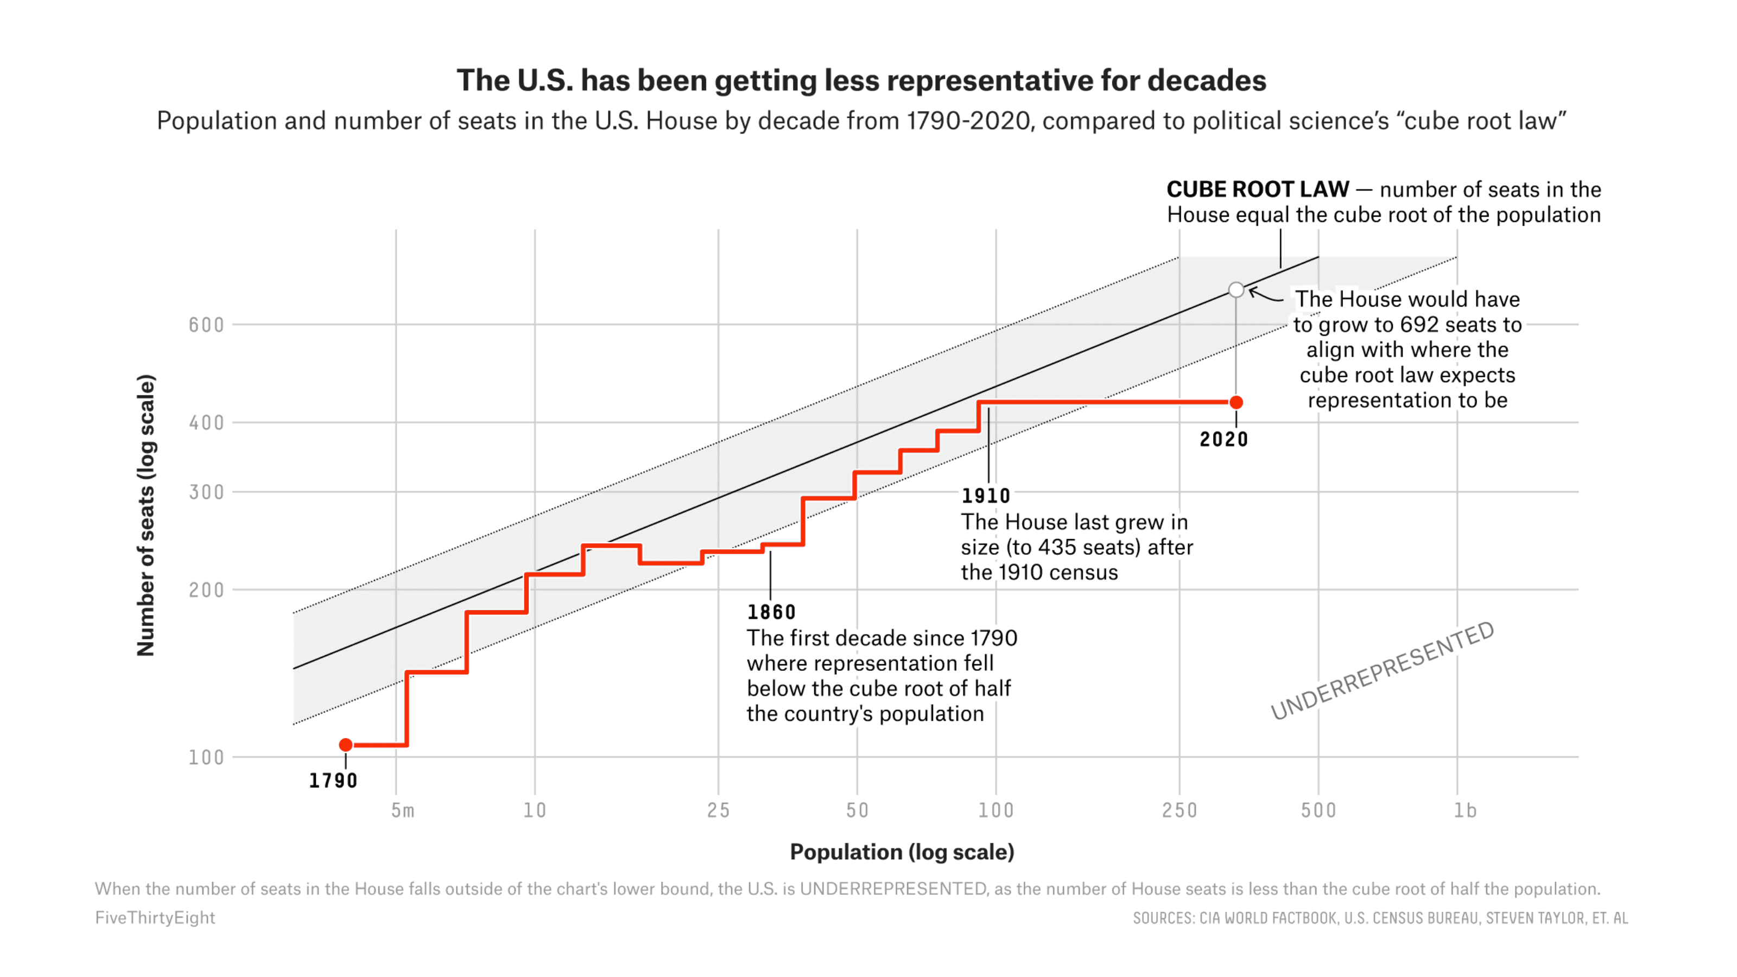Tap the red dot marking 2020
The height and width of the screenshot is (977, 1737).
[1236, 403]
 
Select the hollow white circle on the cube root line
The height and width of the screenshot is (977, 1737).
[1236, 290]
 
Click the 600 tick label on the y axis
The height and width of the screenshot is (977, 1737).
[206, 325]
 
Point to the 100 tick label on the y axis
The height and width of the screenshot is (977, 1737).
[206, 757]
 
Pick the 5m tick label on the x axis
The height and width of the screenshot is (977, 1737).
[403, 810]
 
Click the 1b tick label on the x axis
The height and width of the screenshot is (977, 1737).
[1465, 810]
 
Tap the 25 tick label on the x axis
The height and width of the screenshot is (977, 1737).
[718, 810]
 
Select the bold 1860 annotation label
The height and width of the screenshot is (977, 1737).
[771, 612]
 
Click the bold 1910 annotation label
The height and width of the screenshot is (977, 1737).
[986, 496]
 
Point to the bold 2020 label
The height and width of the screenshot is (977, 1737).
[1224, 440]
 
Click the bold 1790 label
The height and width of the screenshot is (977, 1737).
[333, 781]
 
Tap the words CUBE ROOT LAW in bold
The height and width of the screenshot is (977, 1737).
[1258, 189]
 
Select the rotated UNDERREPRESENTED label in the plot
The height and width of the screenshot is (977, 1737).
[1383, 670]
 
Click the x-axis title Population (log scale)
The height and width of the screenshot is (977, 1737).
[902, 852]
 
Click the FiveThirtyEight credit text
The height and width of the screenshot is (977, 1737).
[155, 918]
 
